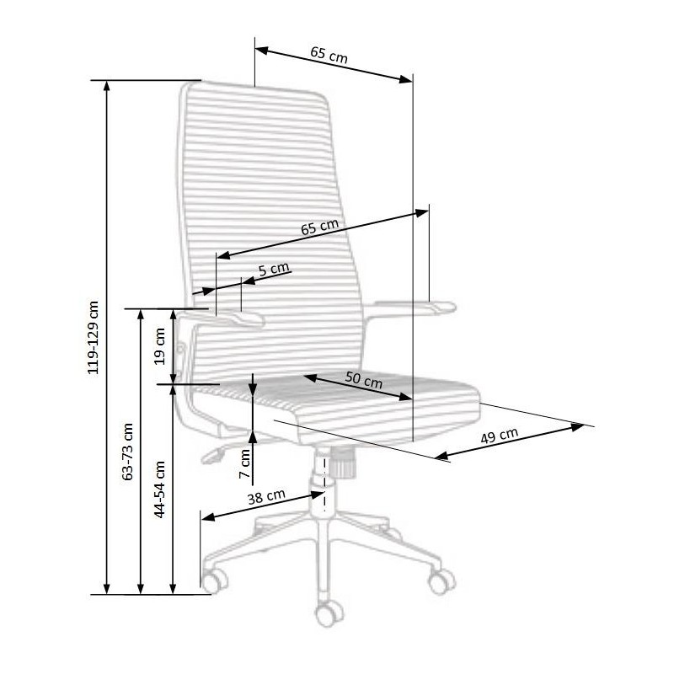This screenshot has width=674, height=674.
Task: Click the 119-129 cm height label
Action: coord(94,338)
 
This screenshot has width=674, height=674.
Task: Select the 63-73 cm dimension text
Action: coord(128,452)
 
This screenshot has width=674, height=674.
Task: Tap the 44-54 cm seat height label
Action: coord(159,489)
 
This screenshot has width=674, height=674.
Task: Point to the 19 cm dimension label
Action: coord(159,346)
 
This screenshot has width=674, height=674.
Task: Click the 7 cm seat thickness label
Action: coord(244,463)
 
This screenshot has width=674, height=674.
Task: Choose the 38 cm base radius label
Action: coord(266,497)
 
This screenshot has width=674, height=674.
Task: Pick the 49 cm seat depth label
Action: coord(499,436)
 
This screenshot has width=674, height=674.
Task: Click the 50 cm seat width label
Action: coord(364,380)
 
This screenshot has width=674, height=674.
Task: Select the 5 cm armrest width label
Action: coord(274,269)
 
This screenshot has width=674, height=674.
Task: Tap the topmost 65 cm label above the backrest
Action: coord(329,55)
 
